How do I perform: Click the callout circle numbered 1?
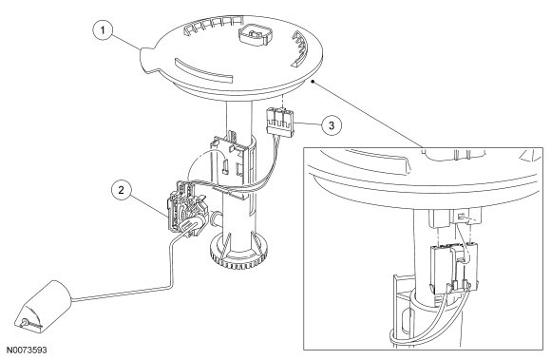pyautogui.click(x=103, y=30)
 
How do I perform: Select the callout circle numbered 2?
pyautogui.click(x=122, y=190)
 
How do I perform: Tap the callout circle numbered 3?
pyautogui.click(x=331, y=124)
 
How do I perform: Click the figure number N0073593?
pyautogui.click(x=27, y=350)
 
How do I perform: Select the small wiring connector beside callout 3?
pyautogui.click(x=280, y=122)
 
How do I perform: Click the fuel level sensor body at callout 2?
pyautogui.click(x=186, y=207)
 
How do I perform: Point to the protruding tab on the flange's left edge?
pyautogui.click(x=148, y=61)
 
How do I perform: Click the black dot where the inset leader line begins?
pyautogui.click(x=313, y=82)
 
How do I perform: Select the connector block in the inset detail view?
pyautogui.click(x=454, y=267)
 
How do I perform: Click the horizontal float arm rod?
pyautogui.click(x=123, y=294)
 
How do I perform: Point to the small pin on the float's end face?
pyautogui.click(x=25, y=322)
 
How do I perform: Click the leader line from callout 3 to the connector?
pyautogui.click(x=308, y=123)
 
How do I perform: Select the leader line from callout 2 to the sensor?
pyautogui.click(x=148, y=205)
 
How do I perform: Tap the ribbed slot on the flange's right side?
pyautogui.click(x=299, y=48)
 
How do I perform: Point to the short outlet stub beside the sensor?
pyautogui.click(x=216, y=218)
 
